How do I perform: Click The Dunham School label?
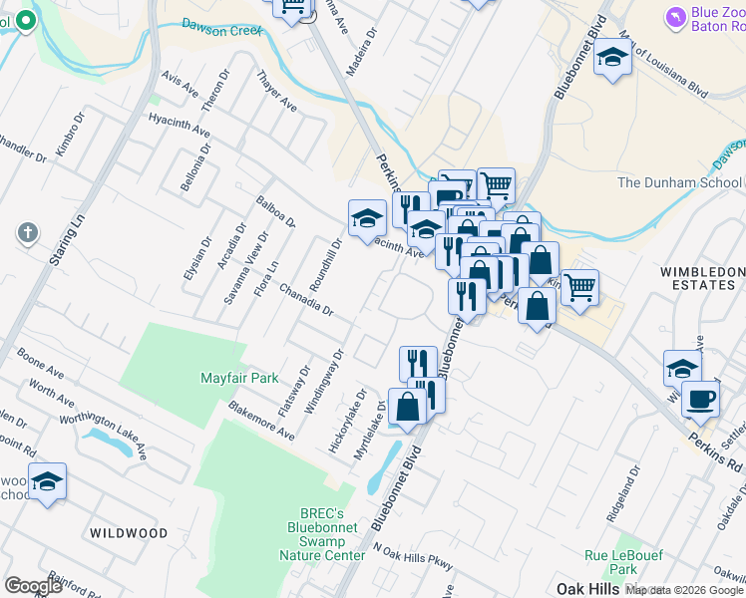pyautogui.click(x=679, y=182)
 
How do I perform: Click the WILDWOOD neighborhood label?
pyautogui.click(x=129, y=533)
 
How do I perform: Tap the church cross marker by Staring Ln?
pyautogui.click(x=28, y=234)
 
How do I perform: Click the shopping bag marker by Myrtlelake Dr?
pyautogui.click(x=408, y=407)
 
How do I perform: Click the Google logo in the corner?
pyautogui.click(x=33, y=586)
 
